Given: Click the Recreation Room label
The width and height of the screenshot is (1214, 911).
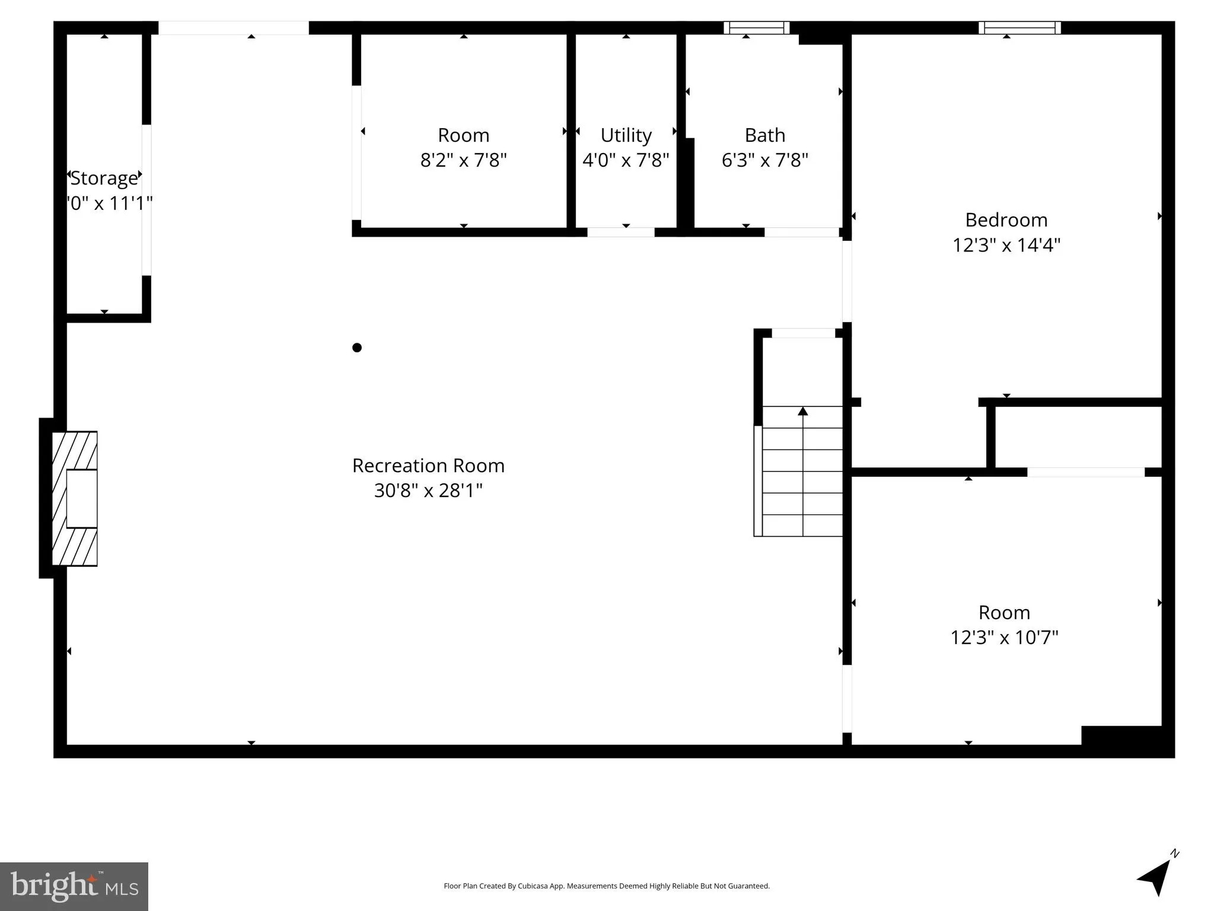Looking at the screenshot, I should tap(428, 466).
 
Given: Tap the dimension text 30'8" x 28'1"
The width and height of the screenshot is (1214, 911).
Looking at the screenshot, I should tap(428, 490).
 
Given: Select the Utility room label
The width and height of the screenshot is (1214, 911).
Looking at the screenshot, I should tap(626, 135).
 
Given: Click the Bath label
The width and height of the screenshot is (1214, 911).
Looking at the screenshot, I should tap(764, 135).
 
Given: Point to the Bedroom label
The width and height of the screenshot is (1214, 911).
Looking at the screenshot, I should tap(1006, 220).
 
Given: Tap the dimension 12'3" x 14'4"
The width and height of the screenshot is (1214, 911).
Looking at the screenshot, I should tap(1006, 245).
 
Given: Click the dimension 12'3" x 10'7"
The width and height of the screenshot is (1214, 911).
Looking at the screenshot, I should tap(1004, 638).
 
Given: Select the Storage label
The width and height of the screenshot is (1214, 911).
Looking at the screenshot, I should tap(104, 178).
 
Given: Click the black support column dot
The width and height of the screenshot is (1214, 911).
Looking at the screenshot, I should tap(357, 348).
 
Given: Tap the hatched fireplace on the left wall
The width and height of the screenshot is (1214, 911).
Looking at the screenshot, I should tap(75, 499).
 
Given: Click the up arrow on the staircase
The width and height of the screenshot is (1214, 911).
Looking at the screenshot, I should tap(802, 411).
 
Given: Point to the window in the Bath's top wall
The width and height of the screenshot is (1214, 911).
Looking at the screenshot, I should tap(756, 28).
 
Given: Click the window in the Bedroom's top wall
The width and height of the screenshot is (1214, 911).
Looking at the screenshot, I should tap(1019, 28).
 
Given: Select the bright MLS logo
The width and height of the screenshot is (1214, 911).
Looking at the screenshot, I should tap(74, 886).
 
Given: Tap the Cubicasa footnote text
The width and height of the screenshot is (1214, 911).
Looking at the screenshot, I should tap(606, 886).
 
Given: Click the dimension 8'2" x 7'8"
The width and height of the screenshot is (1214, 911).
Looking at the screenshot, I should tap(463, 160).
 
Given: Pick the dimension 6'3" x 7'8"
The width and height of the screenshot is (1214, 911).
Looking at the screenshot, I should tap(764, 160).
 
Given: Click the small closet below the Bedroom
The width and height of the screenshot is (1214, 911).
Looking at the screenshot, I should tap(1077, 438).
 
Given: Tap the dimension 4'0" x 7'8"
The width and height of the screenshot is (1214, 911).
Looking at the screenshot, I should tap(626, 160).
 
